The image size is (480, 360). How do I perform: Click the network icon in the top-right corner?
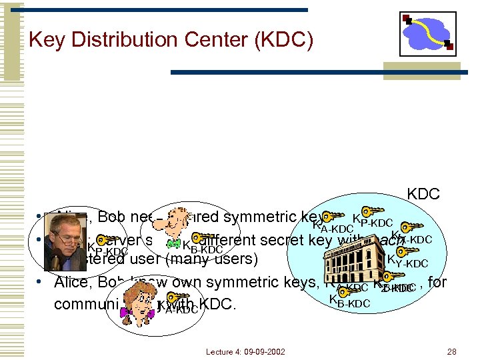[427, 33]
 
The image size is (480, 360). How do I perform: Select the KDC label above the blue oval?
[423, 194]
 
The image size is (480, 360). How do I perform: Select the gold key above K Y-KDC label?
[403, 251]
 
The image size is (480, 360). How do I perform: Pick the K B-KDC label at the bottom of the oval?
[349, 301]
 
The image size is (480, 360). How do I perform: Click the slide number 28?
[451, 351]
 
